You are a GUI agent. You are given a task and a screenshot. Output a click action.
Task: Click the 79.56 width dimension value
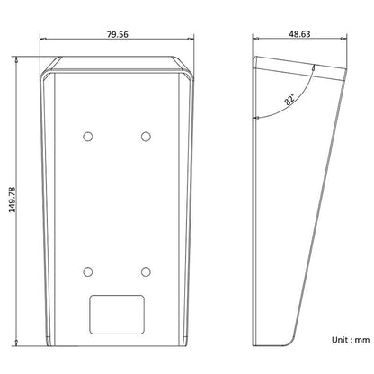click(118, 34)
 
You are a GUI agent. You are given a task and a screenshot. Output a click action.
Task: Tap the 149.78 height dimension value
click(12, 200)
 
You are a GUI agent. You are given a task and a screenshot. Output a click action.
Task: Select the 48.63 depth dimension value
click(299, 34)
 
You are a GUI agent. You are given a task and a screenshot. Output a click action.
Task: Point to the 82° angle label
click(289, 99)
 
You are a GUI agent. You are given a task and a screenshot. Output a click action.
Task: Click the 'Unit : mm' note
click(351, 340)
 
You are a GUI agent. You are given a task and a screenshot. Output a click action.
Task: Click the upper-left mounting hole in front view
click(88, 137)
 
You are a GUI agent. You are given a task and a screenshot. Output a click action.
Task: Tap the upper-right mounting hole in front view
click(146, 137)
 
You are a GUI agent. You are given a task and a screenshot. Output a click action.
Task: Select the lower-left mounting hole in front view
click(88, 272)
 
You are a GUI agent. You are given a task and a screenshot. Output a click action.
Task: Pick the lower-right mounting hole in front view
click(146, 272)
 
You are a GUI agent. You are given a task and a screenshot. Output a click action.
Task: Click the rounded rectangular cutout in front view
click(117, 315)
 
